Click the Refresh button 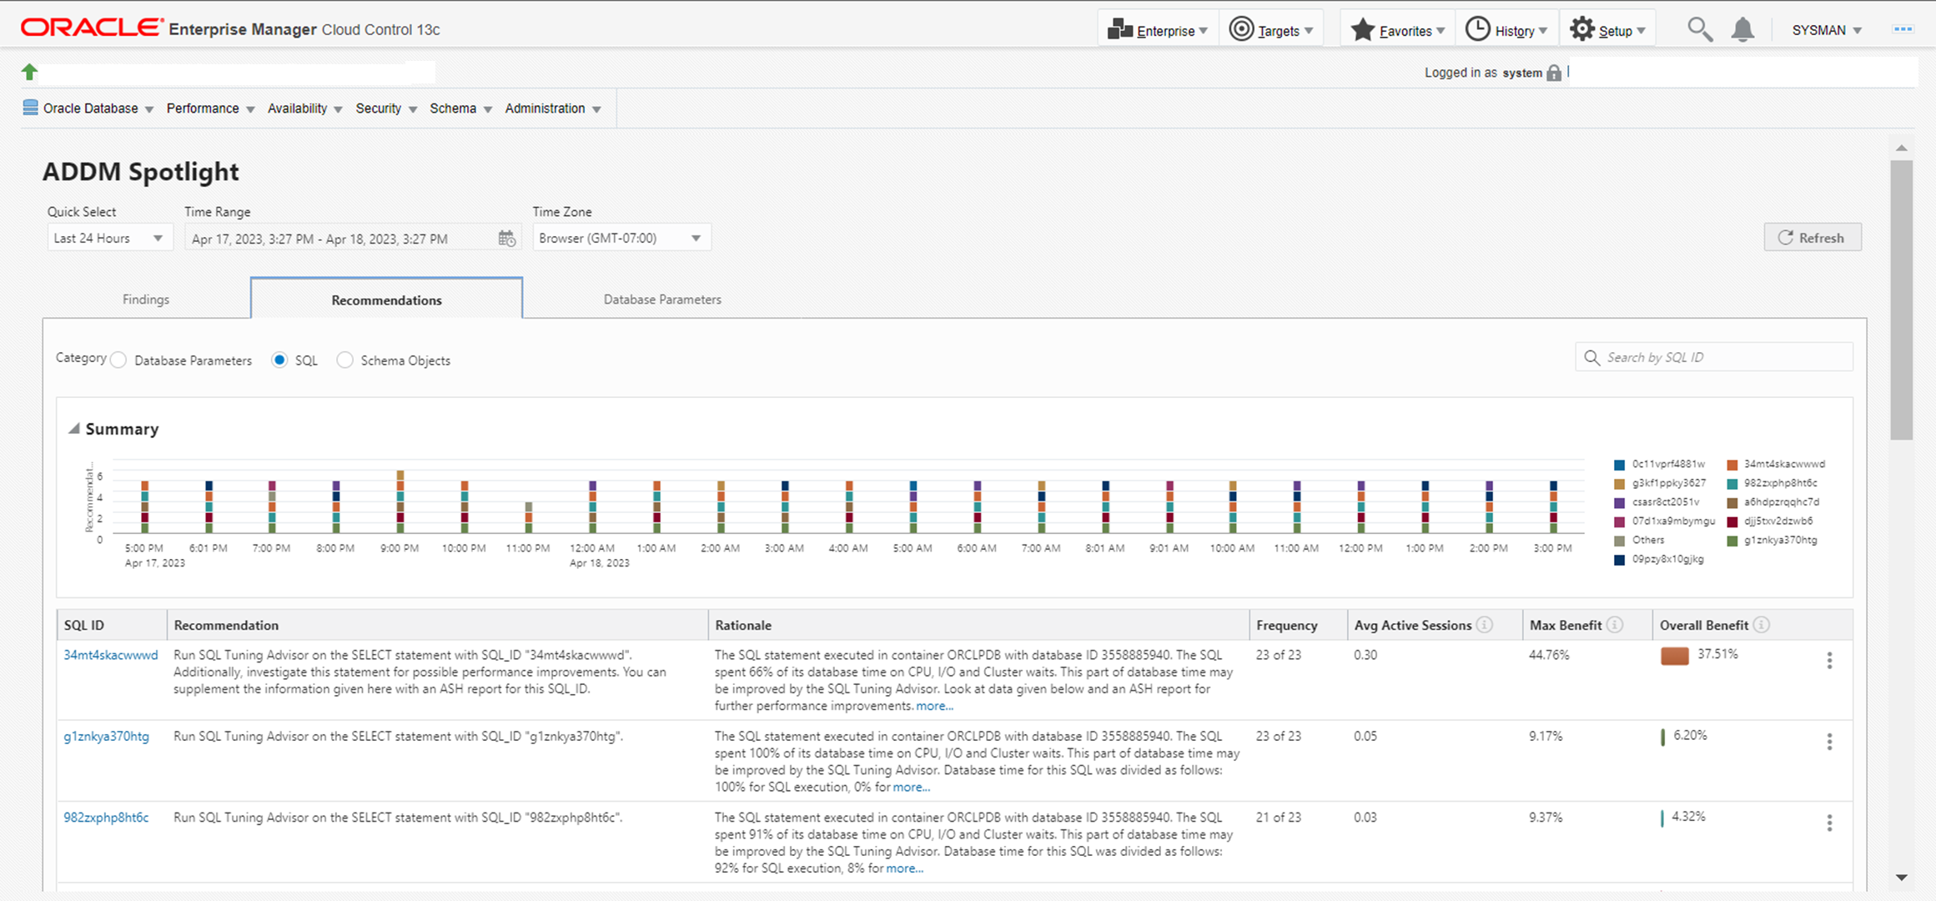1812,238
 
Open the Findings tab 146,299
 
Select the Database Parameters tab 662,299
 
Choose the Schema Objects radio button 345,360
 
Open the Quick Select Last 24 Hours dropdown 109,239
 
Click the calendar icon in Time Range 506,239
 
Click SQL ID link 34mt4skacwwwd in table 111,655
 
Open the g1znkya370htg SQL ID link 107,737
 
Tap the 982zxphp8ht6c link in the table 107,818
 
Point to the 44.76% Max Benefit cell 1549,655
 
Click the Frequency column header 1286,626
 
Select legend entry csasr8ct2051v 1665,502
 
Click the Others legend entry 1647,540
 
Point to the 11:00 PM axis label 528,548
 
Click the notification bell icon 1742,30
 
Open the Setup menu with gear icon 1607,30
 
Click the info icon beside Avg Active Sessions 1485,625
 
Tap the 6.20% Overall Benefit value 1690,736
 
